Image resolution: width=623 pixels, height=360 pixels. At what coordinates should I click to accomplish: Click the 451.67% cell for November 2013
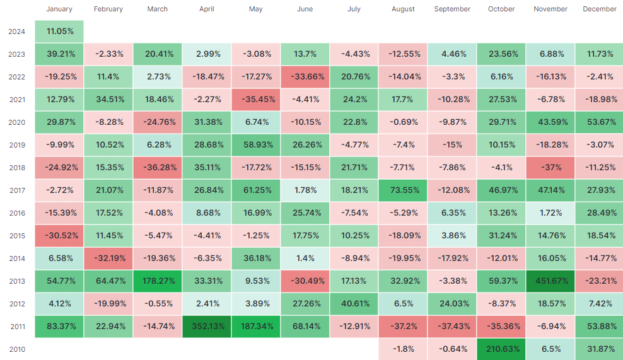tap(550, 281)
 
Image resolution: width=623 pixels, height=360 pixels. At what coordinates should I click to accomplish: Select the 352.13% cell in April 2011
tap(207, 327)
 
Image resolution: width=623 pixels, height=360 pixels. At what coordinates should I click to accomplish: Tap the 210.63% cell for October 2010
tap(501, 349)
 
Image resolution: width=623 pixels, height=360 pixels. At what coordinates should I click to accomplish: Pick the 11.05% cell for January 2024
tap(59, 32)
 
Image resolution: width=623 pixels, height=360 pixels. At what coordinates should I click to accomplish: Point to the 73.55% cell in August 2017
tap(403, 190)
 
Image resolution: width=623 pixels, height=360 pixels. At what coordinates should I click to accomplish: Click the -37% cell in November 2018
tap(550, 168)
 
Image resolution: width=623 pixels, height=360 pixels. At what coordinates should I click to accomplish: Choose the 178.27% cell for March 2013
tap(158, 281)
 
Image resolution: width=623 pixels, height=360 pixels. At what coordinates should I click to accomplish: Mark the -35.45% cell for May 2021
tap(256, 100)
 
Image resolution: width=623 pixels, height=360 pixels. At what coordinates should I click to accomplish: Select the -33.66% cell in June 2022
tap(305, 77)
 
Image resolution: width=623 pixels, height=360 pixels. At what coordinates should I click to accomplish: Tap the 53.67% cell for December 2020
tap(599, 122)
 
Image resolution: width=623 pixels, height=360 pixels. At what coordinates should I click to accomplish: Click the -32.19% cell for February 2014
tap(108, 258)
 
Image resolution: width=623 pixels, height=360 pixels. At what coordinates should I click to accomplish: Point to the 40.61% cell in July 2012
tap(354, 304)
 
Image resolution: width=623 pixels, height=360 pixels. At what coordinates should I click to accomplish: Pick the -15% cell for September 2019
tap(452, 144)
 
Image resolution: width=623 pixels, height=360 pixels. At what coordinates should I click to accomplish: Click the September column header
tap(452, 9)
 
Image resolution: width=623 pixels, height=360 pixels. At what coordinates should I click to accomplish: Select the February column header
tap(108, 9)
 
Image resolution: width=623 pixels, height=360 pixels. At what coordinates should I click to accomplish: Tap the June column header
tap(305, 9)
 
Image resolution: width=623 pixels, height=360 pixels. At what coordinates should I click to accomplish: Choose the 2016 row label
tap(17, 213)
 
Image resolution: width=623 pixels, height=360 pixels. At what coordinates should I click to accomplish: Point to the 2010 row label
tap(17, 350)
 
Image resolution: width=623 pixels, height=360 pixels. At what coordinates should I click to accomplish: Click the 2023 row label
tap(17, 54)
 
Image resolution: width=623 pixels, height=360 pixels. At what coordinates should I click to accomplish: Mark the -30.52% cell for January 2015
tap(59, 236)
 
